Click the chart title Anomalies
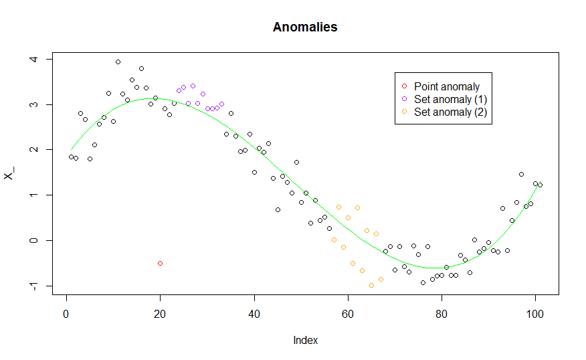(305, 27)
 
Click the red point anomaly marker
(160, 263)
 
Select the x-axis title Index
(305, 340)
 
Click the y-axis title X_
(9, 174)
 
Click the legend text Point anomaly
(446, 86)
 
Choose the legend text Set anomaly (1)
(450, 99)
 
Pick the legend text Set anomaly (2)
(450, 112)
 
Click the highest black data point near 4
(118, 62)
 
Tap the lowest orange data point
(371, 285)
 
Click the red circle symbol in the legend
(403, 86)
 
